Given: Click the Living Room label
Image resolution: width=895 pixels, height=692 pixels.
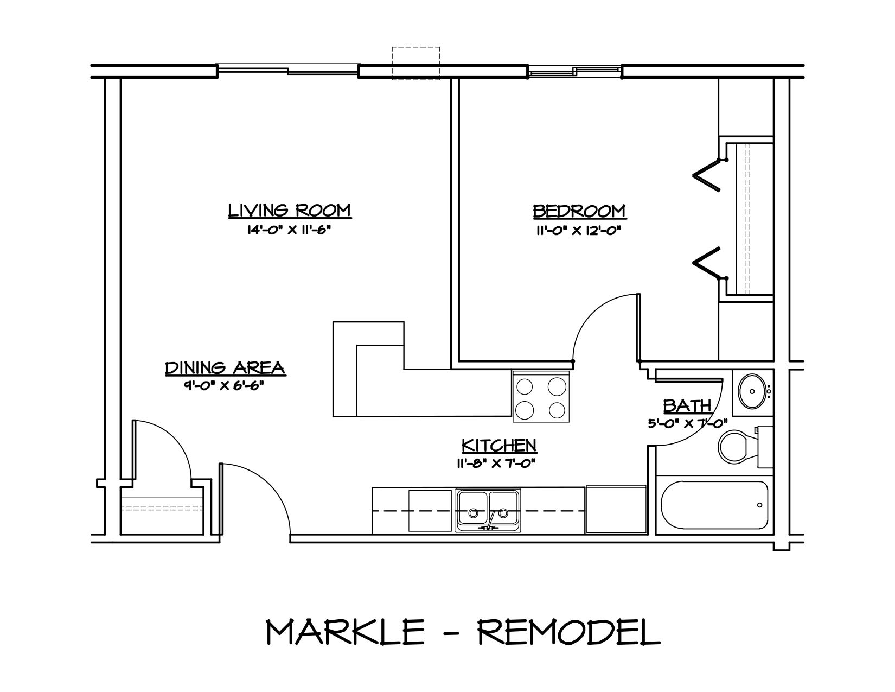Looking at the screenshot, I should [x=290, y=210].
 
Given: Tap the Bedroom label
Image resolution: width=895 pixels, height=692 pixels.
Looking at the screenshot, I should [x=579, y=211].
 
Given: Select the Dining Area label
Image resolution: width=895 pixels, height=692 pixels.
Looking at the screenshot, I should [x=225, y=367].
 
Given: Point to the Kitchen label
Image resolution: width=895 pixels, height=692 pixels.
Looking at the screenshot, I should [x=499, y=446].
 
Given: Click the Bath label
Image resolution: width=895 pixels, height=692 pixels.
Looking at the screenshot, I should [x=687, y=405].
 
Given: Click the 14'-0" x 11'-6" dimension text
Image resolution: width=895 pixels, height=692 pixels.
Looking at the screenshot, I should [x=289, y=230].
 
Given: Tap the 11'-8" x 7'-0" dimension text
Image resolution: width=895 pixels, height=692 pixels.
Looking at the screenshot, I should [x=499, y=464].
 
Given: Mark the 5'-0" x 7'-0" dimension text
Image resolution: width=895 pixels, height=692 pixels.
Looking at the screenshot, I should [x=687, y=423].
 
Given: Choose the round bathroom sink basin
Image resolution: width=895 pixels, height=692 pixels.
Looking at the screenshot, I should [x=752, y=390].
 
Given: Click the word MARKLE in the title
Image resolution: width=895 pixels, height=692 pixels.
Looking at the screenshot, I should [x=345, y=632].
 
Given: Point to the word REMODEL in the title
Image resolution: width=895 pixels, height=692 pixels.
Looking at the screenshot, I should [x=569, y=632].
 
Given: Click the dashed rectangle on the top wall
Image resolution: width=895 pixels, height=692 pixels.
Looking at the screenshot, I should [x=415, y=64].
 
